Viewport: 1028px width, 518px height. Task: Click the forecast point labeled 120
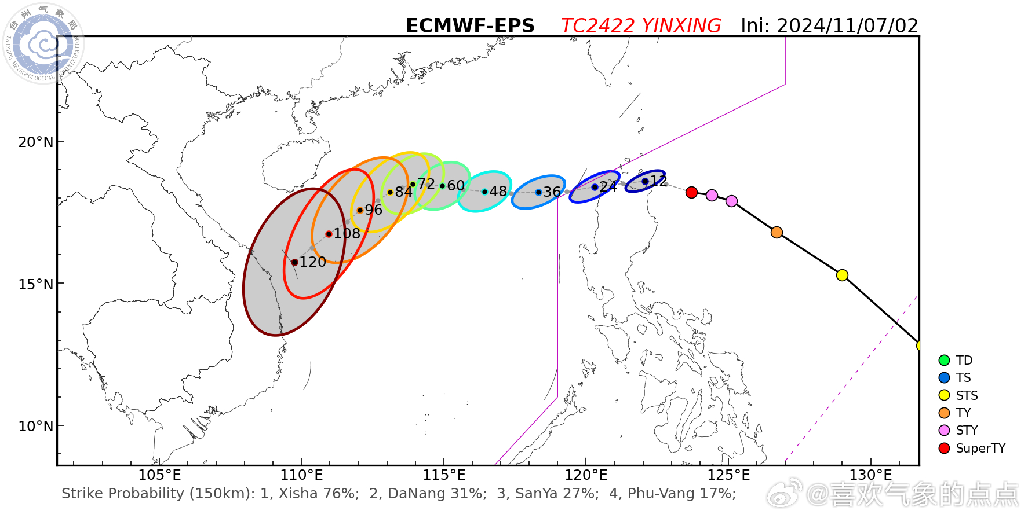(x=294, y=262)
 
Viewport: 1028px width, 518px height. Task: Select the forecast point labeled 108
(x=329, y=234)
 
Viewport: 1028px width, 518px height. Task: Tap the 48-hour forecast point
(x=484, y=192)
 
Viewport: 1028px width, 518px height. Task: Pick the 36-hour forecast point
(x=538, y=192)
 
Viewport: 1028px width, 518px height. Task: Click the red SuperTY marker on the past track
(x=691, y=192)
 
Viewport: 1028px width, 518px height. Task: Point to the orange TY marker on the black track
(x=777, y=232)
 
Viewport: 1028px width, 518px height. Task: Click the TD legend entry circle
(x=944, y=360)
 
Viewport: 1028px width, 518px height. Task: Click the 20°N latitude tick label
(x=35, y=142)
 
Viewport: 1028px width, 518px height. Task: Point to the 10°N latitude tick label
(x=35, y=427)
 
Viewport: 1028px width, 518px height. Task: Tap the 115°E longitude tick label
(x=444, y=475)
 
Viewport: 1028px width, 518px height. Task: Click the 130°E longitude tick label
(x=870, y=475)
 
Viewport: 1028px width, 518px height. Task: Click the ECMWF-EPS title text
(x=470, y=26)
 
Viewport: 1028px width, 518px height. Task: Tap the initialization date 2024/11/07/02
(x=847, y=26)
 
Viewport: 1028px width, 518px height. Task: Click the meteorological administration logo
(x=43, y=43)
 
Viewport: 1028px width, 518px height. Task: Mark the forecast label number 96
(x=373, y=210)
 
